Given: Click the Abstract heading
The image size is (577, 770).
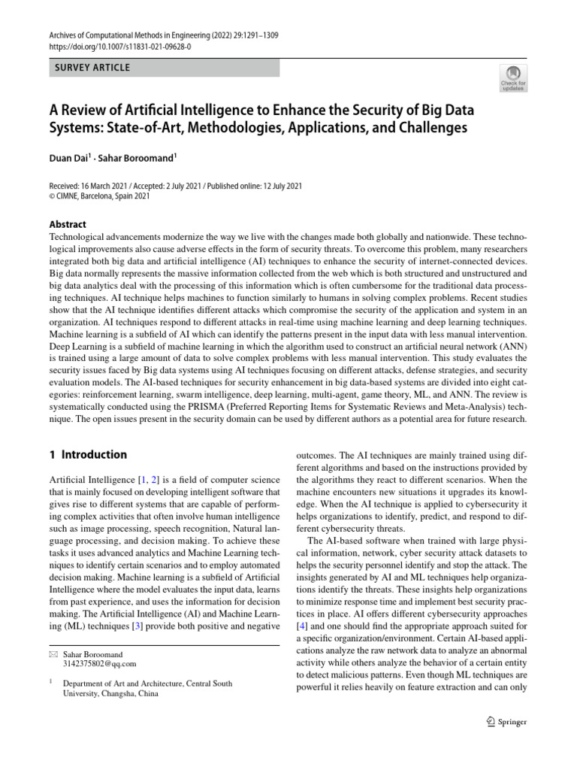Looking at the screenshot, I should (x=68, y=224).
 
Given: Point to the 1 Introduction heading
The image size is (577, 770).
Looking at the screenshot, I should (x=87, y=454).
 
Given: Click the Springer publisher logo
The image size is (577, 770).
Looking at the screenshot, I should (x=506, y=721).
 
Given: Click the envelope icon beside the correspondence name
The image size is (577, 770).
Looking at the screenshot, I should (x=52, y=654).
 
